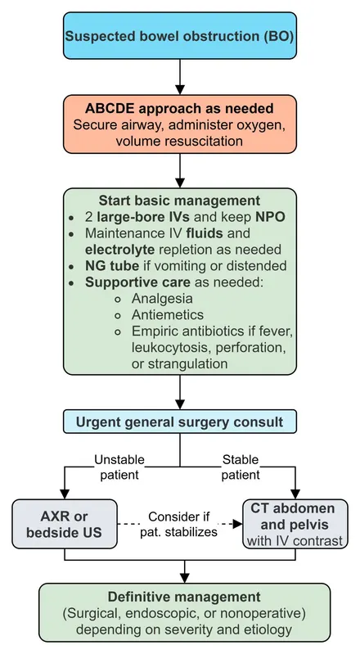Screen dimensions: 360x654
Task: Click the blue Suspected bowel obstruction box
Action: pos(180,35)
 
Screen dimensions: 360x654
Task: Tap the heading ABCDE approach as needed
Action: pos(180,108)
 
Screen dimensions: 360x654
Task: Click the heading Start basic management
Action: pos(180,201)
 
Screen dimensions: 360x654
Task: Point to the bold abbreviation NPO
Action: pos(270,217)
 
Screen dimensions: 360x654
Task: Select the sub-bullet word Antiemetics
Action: pos(168,314)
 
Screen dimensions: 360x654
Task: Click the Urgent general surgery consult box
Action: pos(180,422)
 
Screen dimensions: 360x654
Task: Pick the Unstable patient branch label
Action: pos(119,467)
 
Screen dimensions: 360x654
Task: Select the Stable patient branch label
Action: pos(241,467)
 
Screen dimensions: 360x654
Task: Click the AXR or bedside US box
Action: pos(65,524)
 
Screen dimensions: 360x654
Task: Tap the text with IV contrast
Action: pos(295,541)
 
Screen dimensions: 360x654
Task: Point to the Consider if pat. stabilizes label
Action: pos(178,525)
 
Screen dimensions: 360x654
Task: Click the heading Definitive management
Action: pos(184,597)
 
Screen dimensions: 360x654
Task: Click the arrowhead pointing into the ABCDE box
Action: pos(180,90)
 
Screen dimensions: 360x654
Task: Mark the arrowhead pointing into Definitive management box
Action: pos(184,578)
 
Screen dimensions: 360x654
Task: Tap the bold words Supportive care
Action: pos(137,282)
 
